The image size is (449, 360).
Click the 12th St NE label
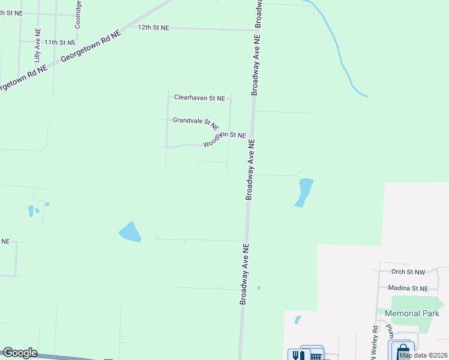point(154,28)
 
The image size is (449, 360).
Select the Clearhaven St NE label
point(199,97)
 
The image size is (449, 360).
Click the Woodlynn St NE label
point(224,139)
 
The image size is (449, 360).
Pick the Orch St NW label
point(407,272)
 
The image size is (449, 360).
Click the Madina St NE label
point(408,288)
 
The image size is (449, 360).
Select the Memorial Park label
point(412,313)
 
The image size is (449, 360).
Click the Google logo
point(20,353)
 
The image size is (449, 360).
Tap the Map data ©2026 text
point(424,355)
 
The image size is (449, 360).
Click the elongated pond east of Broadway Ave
point(304,192)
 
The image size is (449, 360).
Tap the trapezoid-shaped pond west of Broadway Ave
point(130,232)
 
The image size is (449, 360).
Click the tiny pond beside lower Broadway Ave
point(259,288)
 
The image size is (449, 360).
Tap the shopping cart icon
point(315,356)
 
